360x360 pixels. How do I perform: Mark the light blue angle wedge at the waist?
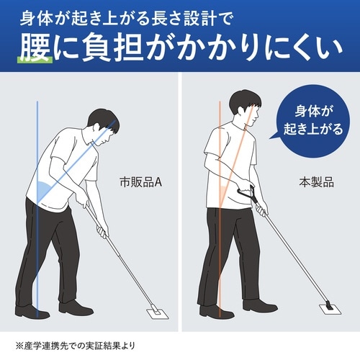point(47,189)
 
